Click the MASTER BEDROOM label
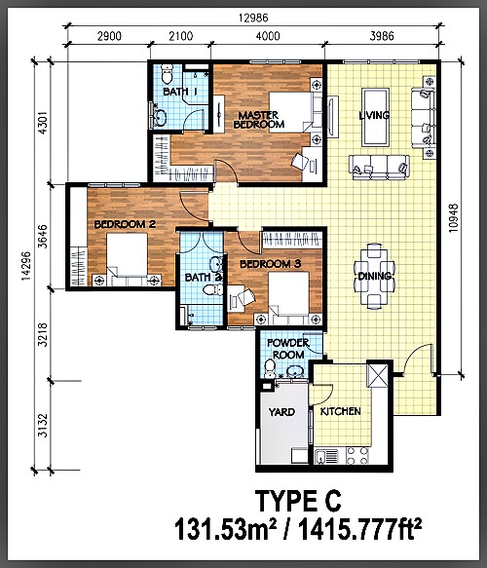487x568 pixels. (x=259, y=120)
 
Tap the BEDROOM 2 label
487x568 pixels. (x=125, y=224)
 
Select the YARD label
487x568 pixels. (x=281, y=412)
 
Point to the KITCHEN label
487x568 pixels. (x=340, y=411)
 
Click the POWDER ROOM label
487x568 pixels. (x=288, y=349)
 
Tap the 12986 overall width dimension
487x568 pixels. (x=253, y=18)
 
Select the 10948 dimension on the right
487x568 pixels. (x=453, y=217)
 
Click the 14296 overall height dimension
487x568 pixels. (x=25, y=266)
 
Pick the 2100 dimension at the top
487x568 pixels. (x=181, y=36)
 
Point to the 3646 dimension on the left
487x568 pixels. (x=42, y=236)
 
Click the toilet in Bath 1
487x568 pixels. (x=167, y=74)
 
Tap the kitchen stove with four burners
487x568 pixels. (x=357, y=456)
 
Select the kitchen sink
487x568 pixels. (x=326, y=456)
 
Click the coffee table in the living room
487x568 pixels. (x=376, y=117)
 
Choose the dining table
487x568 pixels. (x=374, y=276)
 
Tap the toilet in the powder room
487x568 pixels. (x=270, y=368)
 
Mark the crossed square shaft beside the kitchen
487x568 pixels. (x=377, y=375)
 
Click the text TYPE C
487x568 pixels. (x=298, y=502)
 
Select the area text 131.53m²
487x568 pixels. (x=225, y=529)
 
